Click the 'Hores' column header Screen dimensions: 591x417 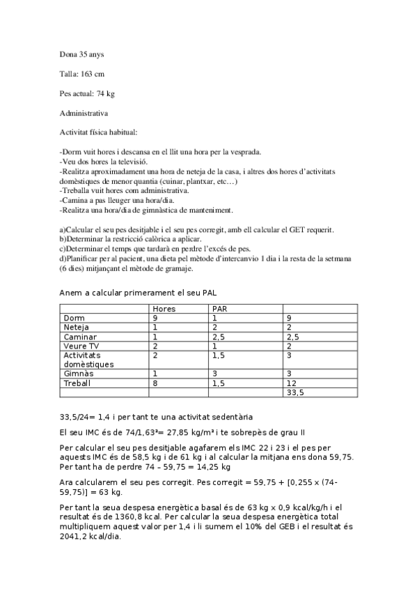pos(164,308)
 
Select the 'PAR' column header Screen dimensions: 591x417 pos(220,308)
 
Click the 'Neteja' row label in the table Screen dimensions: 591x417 pos(77,327)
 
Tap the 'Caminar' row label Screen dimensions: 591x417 pos(79,336)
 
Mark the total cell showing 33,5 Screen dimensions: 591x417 pos(295,392)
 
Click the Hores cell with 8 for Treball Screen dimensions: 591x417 pos(156,383)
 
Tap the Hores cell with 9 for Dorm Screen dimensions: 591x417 pos(156,318)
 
